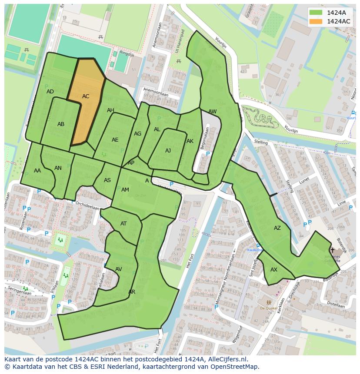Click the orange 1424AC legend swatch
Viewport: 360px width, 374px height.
click(316, 21)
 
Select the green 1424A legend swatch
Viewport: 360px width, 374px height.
click(316, 13)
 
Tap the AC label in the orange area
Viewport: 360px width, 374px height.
click(86, 96)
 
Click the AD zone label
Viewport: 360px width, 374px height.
click(50, 92)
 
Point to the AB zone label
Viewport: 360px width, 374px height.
click(61, 124)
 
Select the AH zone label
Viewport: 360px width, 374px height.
click(110, 110)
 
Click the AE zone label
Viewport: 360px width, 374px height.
click(115, 140)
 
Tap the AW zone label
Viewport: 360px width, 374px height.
click(212, 112)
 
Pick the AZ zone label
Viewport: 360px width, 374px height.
click(277, 228)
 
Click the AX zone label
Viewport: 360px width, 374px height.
click(274, 270)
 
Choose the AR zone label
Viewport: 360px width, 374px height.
click(132, 292)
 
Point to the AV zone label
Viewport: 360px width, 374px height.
click(119, 269)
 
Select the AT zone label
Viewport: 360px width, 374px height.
click(123, 224)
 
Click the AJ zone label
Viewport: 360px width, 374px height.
click(168, 151)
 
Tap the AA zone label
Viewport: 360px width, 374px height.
click(37, 171)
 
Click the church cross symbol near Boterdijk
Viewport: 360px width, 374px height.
click(333, 250)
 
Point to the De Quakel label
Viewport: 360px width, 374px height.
click(269, 308)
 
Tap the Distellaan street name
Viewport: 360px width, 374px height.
click(335, 306)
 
